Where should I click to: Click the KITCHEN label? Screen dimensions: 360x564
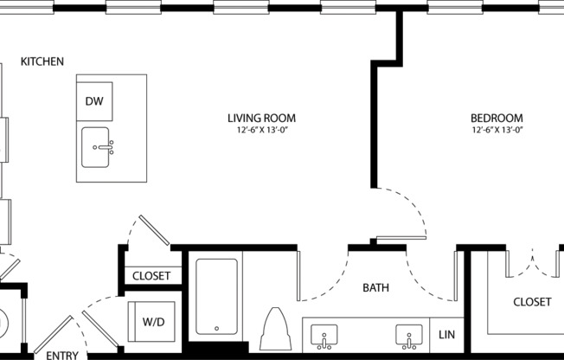[42, 61]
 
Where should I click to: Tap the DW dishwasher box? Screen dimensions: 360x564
[94, 101]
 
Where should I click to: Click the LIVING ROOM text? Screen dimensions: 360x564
[261, 118]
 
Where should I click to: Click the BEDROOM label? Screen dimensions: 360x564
[497, 118]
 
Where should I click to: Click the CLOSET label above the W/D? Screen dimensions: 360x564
[151, 277]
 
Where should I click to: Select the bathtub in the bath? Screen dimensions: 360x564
[215, 296]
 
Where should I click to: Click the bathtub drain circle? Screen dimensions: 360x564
[215, 328]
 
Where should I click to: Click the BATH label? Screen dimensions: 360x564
[376, 287]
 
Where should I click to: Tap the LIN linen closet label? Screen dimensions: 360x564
[446, 334]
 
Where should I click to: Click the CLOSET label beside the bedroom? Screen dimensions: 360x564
[532, 302]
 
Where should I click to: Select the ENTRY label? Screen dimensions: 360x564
[61, 355]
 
